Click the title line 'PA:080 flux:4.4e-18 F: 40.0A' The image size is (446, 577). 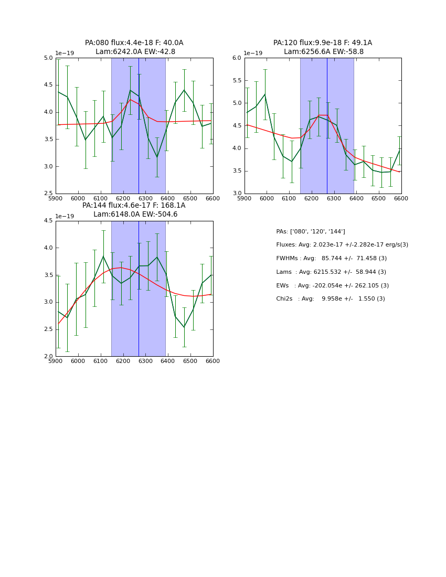(134, 43)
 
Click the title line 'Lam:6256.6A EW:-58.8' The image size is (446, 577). (323, 52)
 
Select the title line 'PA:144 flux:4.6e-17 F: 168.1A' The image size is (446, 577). (134, 206)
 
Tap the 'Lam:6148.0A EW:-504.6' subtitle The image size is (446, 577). (135, 215)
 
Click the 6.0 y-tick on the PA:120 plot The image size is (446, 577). (237, 58)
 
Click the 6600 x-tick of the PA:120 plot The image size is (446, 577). (401, 199)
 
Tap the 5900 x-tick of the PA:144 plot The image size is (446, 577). (56, 361)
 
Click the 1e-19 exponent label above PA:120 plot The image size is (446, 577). (253, 53)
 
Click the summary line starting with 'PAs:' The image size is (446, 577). (310, 232)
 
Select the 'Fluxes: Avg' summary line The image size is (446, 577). (342, 245)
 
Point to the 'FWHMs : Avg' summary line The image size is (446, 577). (331, 259)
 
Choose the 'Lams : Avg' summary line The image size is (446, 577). (331, 272)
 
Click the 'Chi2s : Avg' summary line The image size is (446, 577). (330, 299)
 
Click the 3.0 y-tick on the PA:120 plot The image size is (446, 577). (237, 194)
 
